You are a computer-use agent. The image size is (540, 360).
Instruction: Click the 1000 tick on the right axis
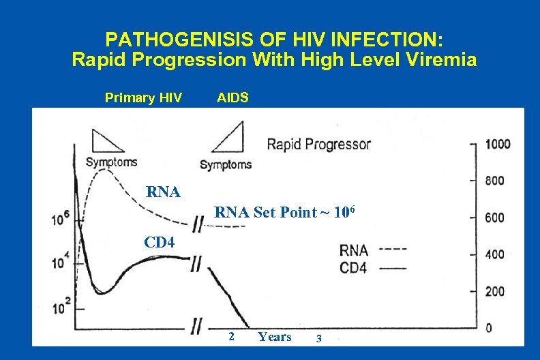[497, 144]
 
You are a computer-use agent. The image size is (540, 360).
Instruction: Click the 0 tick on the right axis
[489, 328]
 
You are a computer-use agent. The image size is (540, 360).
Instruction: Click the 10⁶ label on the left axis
[61, 219]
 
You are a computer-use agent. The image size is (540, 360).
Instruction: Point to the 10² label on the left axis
[61, 305]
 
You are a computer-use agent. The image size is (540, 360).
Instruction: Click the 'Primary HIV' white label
[143, 98]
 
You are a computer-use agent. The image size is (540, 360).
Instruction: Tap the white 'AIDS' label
[232, 98]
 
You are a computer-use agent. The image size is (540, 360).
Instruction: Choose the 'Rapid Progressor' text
[318, 144]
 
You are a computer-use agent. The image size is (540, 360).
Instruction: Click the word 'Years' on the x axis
[275, 337]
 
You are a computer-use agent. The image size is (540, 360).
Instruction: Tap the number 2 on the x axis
[232, 337]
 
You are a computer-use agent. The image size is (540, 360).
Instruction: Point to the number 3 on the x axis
[317, 337]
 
